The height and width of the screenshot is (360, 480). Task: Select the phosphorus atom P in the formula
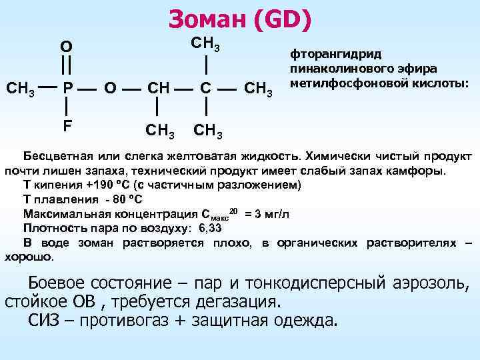(x=67, y=87)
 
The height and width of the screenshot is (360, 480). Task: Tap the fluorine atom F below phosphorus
(x=67, y=125)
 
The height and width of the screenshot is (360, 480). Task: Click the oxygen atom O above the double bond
(x=66, y=47)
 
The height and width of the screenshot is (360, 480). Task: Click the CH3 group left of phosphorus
(x=21, y=88)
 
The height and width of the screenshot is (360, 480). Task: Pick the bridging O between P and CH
(x=111, y=88)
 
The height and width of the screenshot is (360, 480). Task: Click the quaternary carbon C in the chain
(x=207, y=88)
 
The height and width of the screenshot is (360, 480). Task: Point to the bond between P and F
(x=67, y=106)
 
